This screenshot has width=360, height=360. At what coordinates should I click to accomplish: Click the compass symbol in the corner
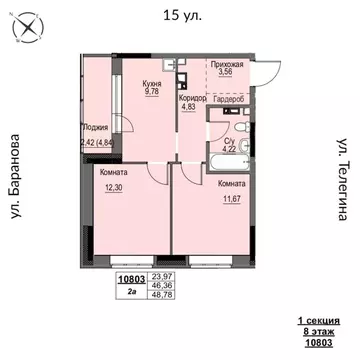pos(25,29)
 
